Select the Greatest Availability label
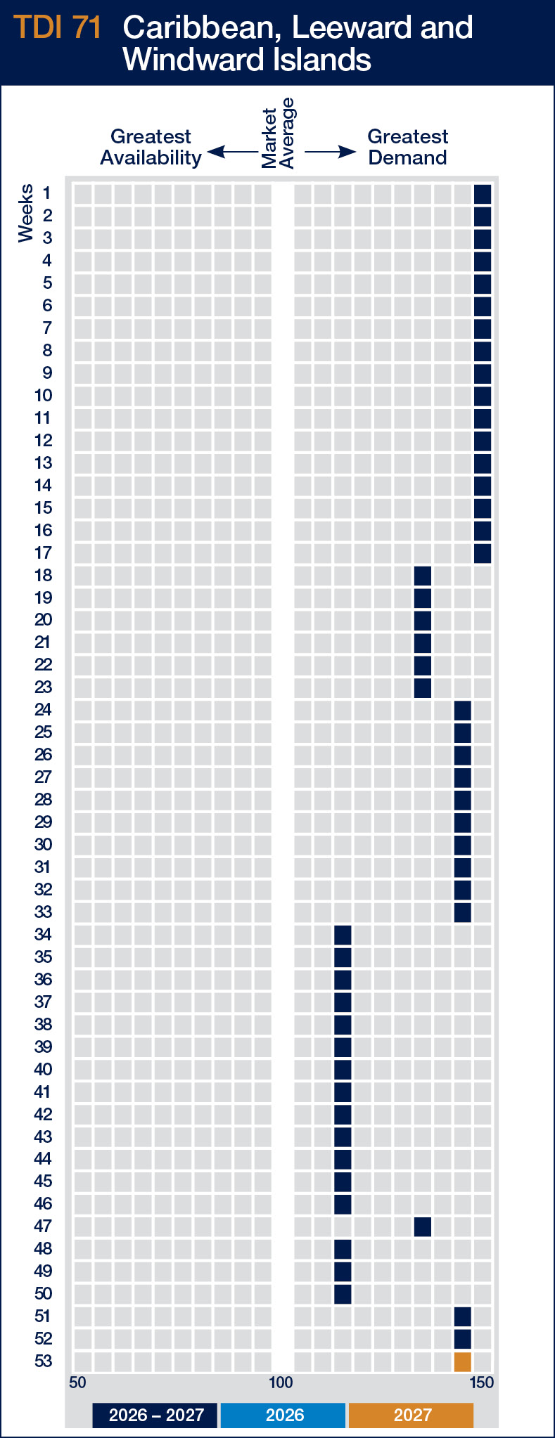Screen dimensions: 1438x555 coord(151,147)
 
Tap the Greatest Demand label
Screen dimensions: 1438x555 coord(408,147)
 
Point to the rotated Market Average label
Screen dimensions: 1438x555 coord(278,134)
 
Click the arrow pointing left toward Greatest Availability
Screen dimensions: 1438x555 coord(231,151)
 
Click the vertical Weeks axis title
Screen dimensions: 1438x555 coord(26,213)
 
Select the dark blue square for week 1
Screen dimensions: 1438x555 coord(483,193)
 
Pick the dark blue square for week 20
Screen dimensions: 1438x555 coord(423,620)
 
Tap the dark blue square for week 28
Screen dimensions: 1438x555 coord(462,800)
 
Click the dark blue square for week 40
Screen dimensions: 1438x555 coord(343,1070)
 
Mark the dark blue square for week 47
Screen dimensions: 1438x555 coord(423,1226)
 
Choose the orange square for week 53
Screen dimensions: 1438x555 coord(462,1361)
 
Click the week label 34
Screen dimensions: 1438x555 coord(43,935)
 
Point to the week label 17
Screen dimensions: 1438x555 coord(43,553)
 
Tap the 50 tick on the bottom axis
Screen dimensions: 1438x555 coord(77,1382)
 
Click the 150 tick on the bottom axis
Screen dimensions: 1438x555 coord(482,1382)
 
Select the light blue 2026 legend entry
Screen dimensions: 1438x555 coord(283,1415)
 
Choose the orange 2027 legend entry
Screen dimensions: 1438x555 coord(412,1415)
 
